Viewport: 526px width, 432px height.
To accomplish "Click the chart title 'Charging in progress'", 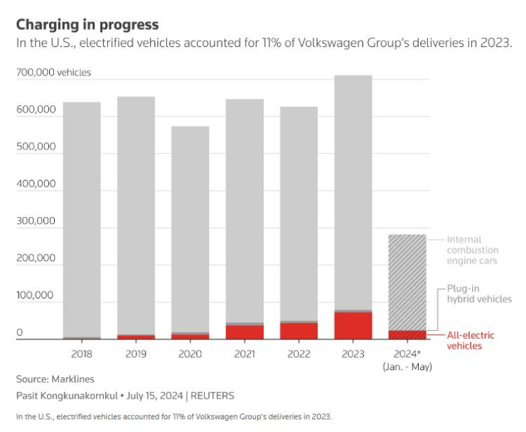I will (87, 25).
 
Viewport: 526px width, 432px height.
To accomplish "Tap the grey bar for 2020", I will (190, 228).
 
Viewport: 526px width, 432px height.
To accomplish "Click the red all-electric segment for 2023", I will (353, 325).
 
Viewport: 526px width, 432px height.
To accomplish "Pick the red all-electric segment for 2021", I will (244, 332).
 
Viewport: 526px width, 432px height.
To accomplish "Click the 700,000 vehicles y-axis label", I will (53, 73).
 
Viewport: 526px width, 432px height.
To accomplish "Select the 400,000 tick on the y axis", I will (36, 184).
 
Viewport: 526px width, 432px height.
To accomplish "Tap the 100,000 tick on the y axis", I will (36, 295).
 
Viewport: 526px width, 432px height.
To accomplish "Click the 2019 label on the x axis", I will (135, 354).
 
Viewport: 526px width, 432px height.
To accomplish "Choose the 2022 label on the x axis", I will (299, 354).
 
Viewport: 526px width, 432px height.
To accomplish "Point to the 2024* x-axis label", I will (407, 354).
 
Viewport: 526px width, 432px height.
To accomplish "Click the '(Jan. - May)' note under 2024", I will (407, 367).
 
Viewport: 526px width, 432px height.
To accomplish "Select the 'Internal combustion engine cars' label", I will (473, 251).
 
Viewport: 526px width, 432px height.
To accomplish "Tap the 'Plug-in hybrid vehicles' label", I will (479, 294).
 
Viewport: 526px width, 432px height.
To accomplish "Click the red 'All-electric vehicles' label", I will (471, 340).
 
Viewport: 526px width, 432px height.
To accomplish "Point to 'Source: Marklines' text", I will (55, 379).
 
